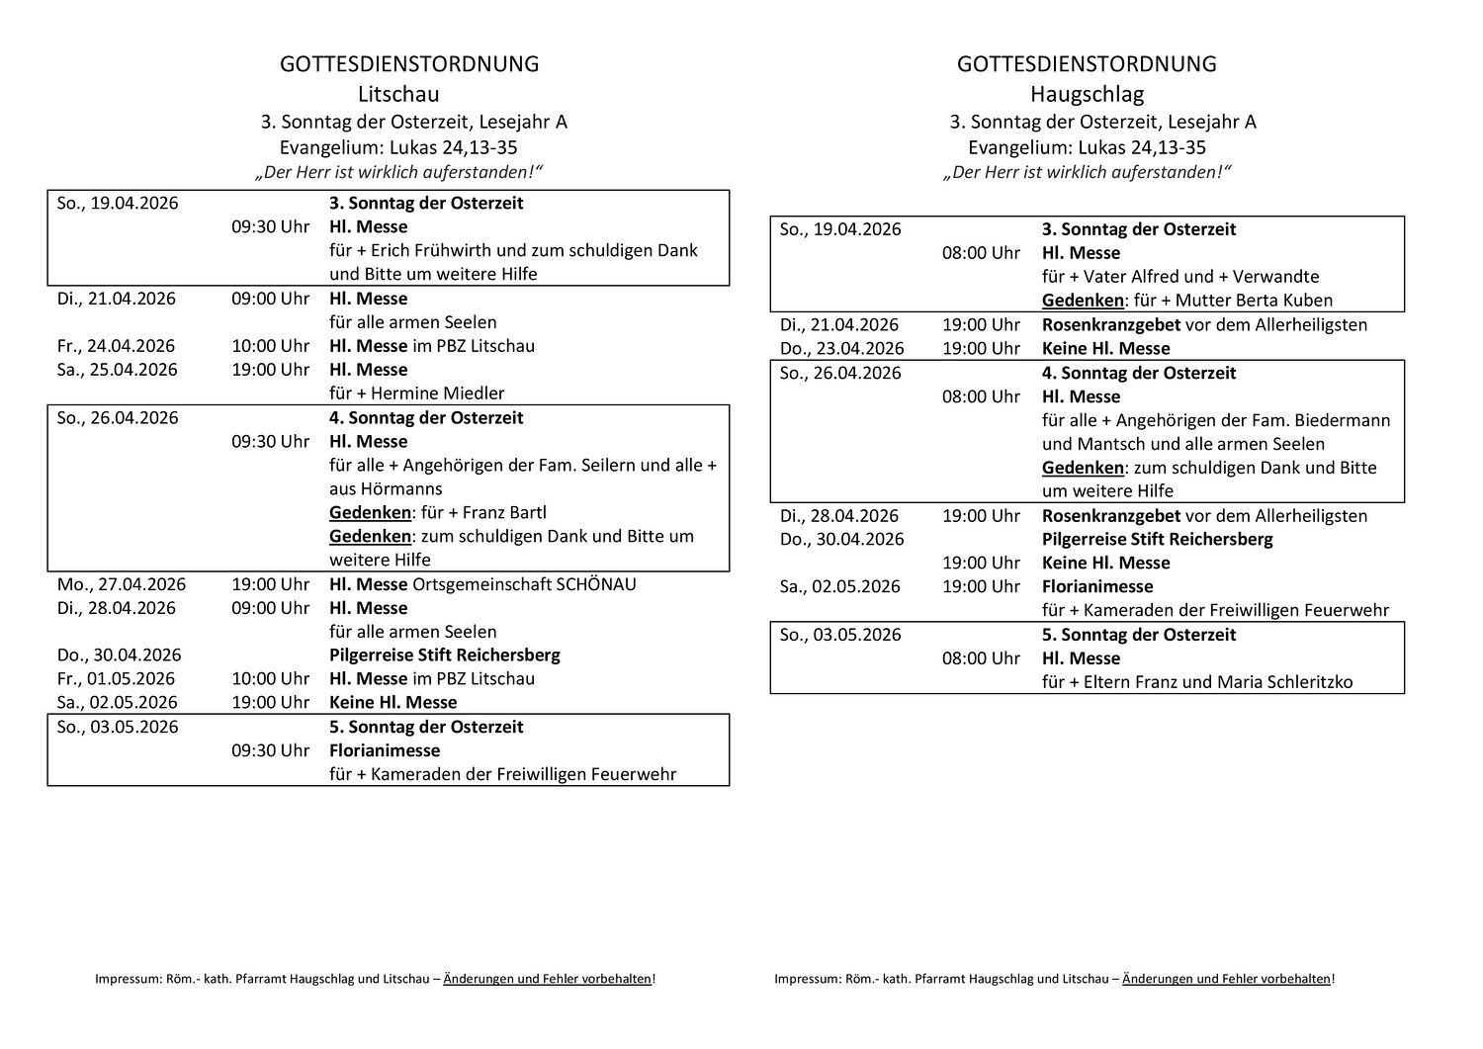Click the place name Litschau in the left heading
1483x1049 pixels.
tap(398, 94)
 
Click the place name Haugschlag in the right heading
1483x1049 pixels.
tap(1087, 94)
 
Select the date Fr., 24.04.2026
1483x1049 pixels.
tap(116, 346)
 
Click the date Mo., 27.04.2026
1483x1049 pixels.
tap(121, 584)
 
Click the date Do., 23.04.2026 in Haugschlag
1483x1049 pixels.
tap(841, 348)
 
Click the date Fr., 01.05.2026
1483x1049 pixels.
tap(116, 679)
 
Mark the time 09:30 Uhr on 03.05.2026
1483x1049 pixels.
tap(270, 750)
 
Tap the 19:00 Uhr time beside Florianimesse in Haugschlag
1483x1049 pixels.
tap(981, 586)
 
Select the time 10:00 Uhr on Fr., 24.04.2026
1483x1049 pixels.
tap(270, 346)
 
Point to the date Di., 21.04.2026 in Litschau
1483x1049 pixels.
tap(116, 299)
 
